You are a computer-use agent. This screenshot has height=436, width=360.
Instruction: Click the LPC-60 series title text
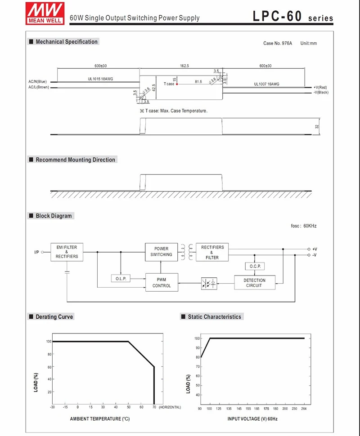[x=292, y=17]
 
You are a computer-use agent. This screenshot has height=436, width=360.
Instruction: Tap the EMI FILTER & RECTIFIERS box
[x=67, y=252]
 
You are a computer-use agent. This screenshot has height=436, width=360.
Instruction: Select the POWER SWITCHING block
[x=161, y=252]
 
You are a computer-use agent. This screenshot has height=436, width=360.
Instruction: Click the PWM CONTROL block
[x=161, y=282]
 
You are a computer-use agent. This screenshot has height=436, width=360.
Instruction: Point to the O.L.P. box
[x=120, y=279]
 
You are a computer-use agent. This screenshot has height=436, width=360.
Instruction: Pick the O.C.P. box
[x=254, y=267]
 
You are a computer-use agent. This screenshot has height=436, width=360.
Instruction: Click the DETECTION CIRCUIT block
[x=254, y=283]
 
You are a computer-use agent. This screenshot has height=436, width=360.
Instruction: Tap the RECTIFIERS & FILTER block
[x=212, y=252]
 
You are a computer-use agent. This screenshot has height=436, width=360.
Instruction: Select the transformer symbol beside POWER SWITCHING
[x=187, y=252]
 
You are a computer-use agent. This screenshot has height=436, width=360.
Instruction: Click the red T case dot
[x=177, y=84]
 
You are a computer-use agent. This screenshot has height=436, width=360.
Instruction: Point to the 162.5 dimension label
[x=184, y=66]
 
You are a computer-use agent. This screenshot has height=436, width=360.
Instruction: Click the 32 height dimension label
[x=317, y=127]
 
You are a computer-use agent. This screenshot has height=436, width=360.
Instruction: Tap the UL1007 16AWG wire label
[x=266, y=84]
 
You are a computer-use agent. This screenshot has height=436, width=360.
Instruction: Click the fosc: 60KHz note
[x=304, y=226]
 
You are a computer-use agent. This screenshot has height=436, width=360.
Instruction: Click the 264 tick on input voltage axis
[x=304, y=408]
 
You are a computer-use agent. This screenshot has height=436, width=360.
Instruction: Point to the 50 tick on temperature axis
[x=129, y=407]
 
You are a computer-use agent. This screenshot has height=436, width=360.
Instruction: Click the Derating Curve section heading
[x=54, y=317]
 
